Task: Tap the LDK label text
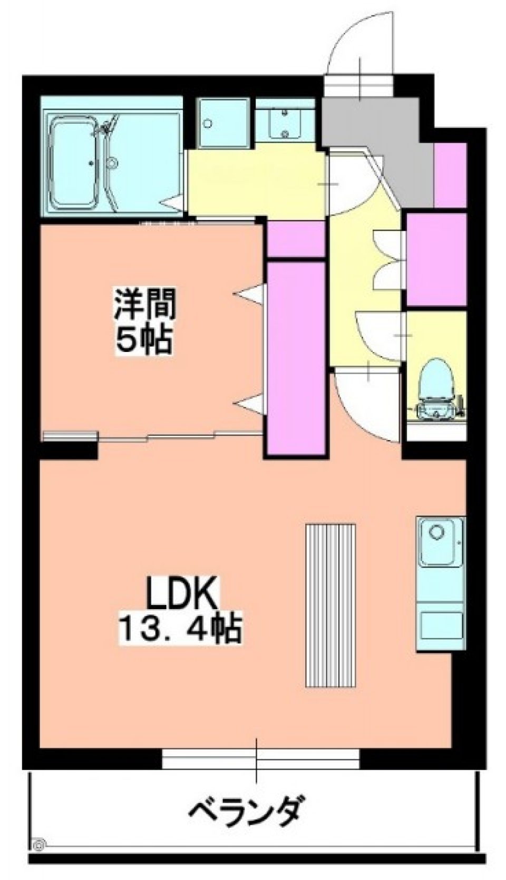pos(181,594)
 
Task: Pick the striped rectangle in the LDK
pos(330,604)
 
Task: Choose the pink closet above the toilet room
pos(436,259)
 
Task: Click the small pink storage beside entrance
pos(451,174)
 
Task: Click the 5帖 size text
pos(143,342)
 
